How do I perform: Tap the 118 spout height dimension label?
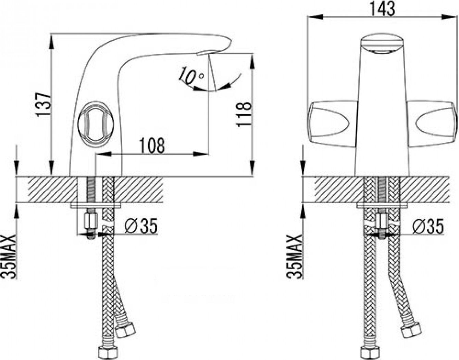click(x=244, y=115)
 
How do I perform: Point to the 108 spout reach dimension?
click(x=152, y=145)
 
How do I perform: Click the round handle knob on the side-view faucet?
click(x=96, y=123)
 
